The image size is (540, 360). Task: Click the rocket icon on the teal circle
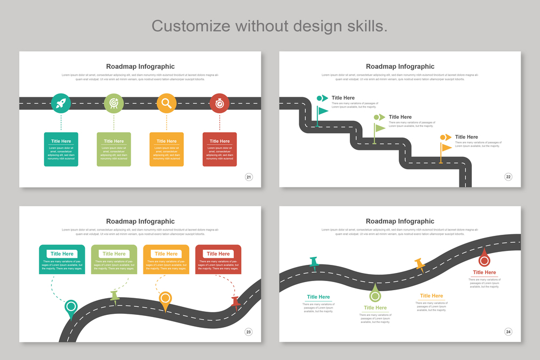click(x=61, y=103)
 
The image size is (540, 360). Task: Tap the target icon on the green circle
click(x=114, y=103)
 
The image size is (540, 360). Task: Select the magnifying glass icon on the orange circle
click(x=167, y=103)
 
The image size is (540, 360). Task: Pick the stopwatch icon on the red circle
click(x=219, y=103)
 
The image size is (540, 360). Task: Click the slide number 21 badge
click(x=249, y=177)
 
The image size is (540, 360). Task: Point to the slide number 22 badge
click(x=508, y=177)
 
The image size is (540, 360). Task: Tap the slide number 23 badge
click(x=249, y=332)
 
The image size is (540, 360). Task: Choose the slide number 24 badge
click(x=508, y=332)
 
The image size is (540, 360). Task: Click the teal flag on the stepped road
click(x=322, y=112)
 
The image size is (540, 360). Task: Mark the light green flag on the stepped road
click(x=379, y=128)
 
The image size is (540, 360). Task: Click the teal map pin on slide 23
click(x=70, y=308)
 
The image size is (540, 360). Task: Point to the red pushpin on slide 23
click(x=235, y=303)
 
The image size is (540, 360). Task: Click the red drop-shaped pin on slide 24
click(x=484, y=258)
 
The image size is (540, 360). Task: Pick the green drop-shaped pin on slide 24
click(x=375, y=294)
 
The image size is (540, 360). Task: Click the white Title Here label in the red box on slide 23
click(x=218, y=254)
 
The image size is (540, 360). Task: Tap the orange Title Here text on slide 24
click(x=431, y=296)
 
